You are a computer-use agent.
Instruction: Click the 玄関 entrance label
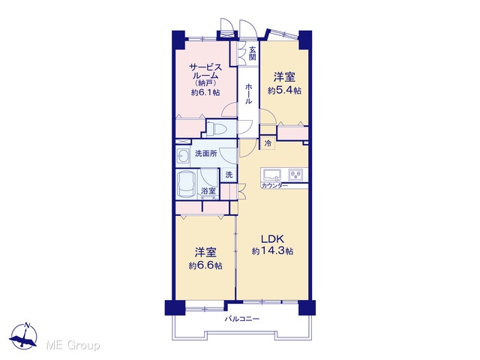click(252, 53)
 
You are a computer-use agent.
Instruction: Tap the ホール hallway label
click(248, 94)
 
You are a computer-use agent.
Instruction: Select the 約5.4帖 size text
click(284, 91)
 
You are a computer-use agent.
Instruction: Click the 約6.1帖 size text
click(205, 92)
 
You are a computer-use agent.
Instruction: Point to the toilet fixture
click(216, 128)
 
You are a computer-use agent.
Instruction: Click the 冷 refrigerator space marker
click(268, 143)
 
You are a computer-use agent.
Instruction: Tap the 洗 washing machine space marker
click(229, 175)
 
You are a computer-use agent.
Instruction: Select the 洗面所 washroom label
click(206, 153)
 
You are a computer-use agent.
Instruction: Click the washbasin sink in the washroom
click(183, 157)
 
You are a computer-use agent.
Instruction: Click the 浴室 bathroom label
click(208, 191)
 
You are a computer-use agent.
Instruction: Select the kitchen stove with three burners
click(295, 175)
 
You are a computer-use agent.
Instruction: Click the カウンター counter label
click(274, 186)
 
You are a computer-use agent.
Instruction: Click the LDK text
click(272, 238)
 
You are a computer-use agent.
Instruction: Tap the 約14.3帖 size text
click(272, 251)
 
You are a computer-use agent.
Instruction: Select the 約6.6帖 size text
click(205, 265)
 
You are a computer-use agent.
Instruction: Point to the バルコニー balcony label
click(242, 319)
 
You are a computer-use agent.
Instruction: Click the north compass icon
click(23, 336)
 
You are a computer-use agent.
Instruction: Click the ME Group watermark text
click(73, 346)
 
